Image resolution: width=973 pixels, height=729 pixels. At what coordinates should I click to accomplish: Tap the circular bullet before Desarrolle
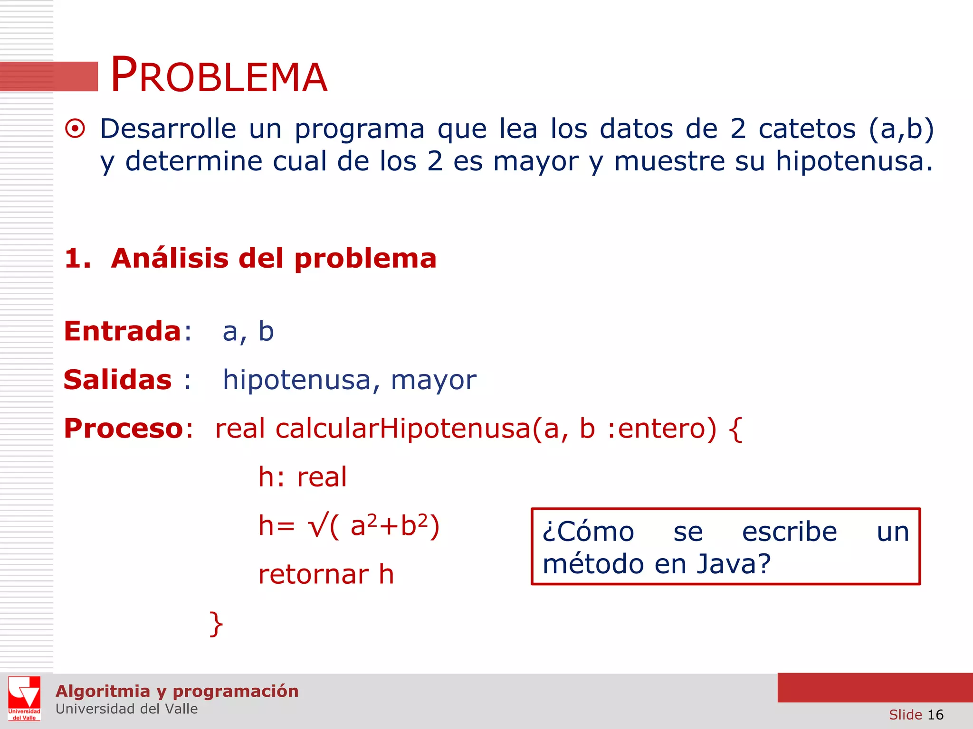click(x=75, y=129)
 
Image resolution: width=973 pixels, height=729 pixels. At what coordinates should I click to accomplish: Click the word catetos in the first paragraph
click(x=807, y=129)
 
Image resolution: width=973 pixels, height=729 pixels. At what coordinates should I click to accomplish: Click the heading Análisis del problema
click(x=273, y=259)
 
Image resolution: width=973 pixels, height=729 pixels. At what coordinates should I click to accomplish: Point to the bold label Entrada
click(x=123, y=331)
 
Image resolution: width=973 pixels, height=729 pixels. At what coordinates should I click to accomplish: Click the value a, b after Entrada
click(x=248, y=332)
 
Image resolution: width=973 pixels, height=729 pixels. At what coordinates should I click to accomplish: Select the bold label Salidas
click(x=118, y=380)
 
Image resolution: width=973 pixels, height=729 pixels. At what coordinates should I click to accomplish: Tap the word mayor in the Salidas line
click(x=433, y=381)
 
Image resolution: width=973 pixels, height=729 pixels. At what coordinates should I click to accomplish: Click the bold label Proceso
click(x=124, y=429)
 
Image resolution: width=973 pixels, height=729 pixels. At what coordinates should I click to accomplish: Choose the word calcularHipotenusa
click(x=403, y=429)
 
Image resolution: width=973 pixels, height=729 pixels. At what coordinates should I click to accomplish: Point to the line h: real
click(x=303, y=477)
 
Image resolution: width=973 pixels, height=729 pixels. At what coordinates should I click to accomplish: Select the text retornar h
click(x=326, y=575)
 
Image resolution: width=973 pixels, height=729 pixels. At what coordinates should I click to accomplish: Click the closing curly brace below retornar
click(x=216, y=624)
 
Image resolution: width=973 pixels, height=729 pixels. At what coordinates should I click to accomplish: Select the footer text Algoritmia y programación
click(x=177, y=691)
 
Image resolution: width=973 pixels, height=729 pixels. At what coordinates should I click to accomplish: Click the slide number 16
click(x=935, y=715)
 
